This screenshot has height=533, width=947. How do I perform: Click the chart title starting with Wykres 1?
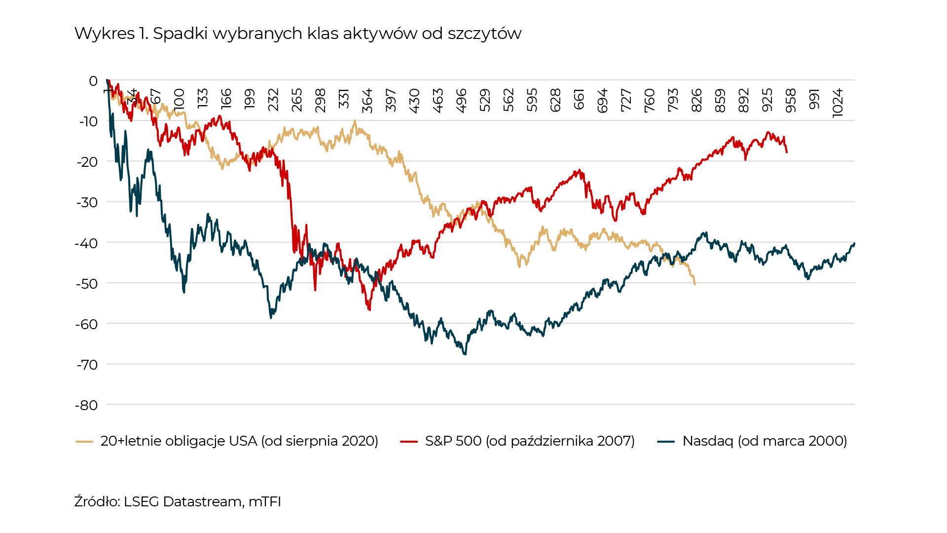click(x=297, y=34)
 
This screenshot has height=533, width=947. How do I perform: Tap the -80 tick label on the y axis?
click(x=86, y=405)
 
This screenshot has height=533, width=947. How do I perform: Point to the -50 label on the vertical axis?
click(x=86, y=284)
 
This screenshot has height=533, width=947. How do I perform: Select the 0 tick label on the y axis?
click(x=93, y=81)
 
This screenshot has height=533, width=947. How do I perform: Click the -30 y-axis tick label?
click(x=86, y=202)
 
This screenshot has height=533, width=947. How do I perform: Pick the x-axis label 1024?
click(x=838, y=103)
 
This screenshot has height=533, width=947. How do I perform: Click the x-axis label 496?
click(x=461, y=101)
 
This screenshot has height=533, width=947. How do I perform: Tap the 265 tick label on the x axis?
click(x=296, y=101)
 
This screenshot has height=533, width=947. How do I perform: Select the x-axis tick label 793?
click(x=673, y=101)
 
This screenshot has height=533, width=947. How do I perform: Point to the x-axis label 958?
click(x=791, y=101)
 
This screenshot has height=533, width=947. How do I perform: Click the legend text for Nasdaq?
click(x=765, y=441)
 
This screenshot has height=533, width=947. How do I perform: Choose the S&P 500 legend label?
click(x=530, y=441)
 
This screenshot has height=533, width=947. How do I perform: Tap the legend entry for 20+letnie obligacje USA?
click(x=239, y=441)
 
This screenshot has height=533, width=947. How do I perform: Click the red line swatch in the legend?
click(x=409, y=442)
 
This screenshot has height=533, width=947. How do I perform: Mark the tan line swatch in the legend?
click(x=84, y=442)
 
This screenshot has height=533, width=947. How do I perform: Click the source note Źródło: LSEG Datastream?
click(x=178, y=501)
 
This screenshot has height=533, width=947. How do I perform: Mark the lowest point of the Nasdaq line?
click(x=465, y=354)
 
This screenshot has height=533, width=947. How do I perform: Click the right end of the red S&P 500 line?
click(x=787, y=152)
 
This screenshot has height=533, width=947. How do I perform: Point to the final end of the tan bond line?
click(x=694, y=284)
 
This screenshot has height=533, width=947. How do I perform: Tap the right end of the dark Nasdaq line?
click(x=854, y=243)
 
